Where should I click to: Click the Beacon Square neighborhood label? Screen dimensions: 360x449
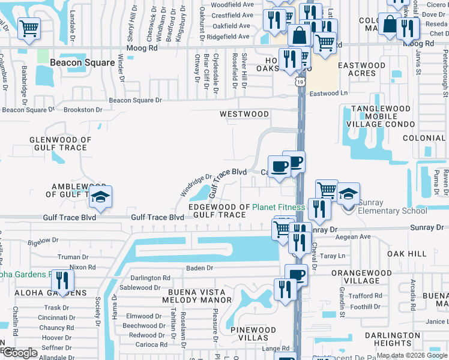click(x=82, y=62)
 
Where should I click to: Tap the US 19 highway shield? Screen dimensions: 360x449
click(x=299, y=80)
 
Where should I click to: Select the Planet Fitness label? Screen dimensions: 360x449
click(x=279, y=207)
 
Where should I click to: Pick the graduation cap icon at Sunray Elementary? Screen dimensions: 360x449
click(x=348, y=193)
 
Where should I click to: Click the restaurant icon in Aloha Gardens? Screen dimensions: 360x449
click(x=62, y=280)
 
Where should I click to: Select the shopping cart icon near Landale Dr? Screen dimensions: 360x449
click(x=29, y=28)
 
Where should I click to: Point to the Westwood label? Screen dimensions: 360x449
click(x=244, y=113)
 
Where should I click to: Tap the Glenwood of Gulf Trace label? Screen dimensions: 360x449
click(x=61, y=143)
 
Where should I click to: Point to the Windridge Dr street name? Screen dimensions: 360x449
click(x=196, y=185)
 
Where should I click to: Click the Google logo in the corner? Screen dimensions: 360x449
click(x=20, y=353)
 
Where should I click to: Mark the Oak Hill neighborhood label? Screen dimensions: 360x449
click(x=406, y=254)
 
